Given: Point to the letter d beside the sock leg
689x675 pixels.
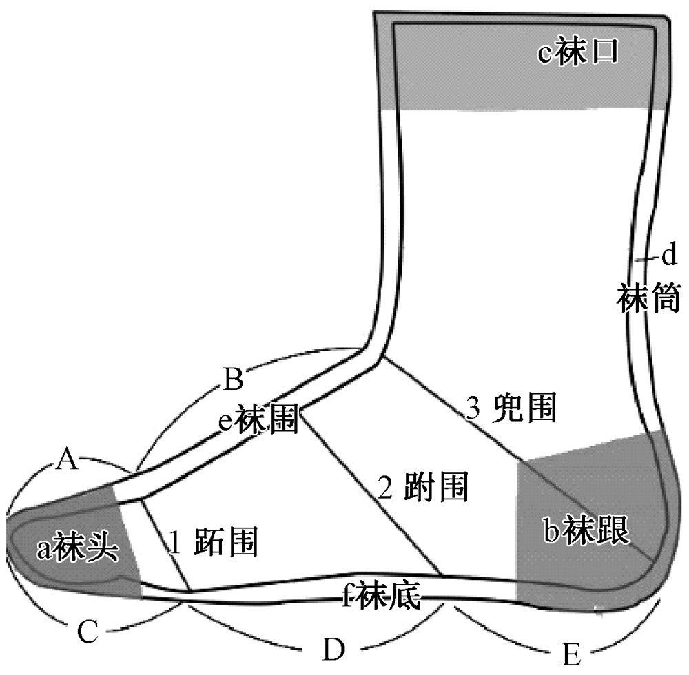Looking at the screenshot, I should tap(668, 258).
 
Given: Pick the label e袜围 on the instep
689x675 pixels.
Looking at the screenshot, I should tap(258, 419).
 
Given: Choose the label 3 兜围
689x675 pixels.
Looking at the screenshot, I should tap(511, 409).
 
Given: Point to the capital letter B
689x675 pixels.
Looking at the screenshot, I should tap(233, 378).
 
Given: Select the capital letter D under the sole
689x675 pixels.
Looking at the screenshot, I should tap(333, 649).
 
